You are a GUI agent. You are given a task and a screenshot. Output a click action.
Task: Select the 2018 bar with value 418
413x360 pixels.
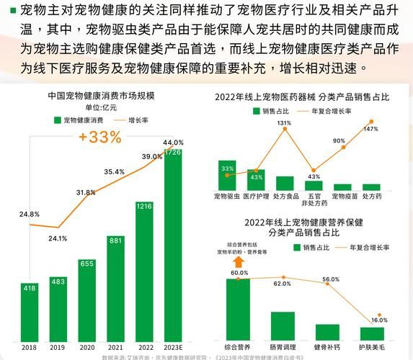[x=30, y=310]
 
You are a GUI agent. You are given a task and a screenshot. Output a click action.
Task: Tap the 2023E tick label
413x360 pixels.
[x=173, y=346]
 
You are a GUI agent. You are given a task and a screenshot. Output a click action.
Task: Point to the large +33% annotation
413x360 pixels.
[x=100, y=138]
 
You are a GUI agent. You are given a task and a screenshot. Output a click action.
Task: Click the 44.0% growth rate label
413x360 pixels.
[x=173, y=143]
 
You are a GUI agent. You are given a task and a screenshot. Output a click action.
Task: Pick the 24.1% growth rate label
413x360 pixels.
[x=58, y=238]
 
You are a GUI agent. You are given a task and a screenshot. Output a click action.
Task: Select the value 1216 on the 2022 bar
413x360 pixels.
[x=145, y=207]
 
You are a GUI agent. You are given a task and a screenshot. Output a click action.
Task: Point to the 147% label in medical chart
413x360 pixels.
[x=370, y=130]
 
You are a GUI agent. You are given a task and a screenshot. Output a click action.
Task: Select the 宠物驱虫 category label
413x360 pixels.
[x=227, y=196]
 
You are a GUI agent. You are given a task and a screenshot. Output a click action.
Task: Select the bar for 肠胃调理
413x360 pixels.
[x=283, y=325]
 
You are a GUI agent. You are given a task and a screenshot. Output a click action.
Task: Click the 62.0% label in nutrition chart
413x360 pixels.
[x=283, y=284]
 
